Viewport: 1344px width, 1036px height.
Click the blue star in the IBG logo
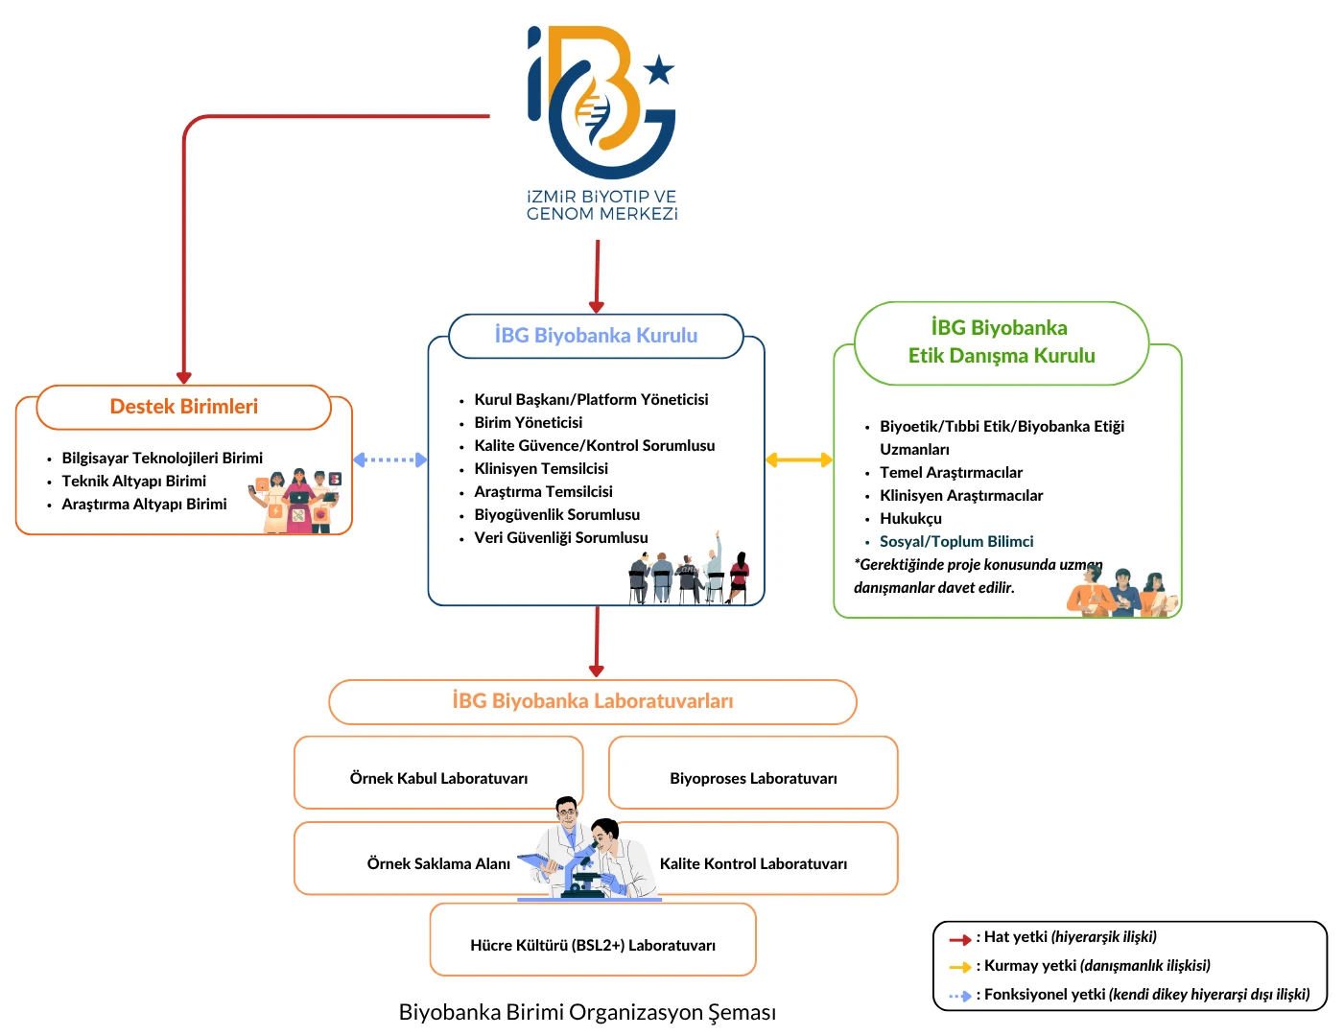tap(659, 70)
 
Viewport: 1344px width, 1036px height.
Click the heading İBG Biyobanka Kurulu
tap(596, 336)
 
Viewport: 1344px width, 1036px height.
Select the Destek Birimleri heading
tap(184, 407)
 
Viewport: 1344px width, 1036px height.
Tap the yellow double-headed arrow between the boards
tap(799, 460)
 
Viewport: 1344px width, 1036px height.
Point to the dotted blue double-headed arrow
tap(389, 459)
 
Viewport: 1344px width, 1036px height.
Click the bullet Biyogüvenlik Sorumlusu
tap(556, 515)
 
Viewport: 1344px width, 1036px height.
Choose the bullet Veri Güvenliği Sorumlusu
tap(560, 538)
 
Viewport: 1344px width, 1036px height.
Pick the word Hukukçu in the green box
tap(910, 519)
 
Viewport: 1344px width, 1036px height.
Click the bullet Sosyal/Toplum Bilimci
tap(956, 542)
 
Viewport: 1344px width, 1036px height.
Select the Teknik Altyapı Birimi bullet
tap(133, 482)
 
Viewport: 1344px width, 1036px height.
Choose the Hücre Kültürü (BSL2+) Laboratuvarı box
tap(593, 944)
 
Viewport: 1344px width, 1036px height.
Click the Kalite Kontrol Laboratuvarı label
tap(753, 864)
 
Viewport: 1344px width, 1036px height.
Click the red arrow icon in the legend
tap(959, 939)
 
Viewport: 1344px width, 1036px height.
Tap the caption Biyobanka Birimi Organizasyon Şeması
tap(587, 1012)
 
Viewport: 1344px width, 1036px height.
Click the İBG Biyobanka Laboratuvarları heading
tap(593, 701)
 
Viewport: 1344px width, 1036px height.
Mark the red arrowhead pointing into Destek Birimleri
tap(184, 378)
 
